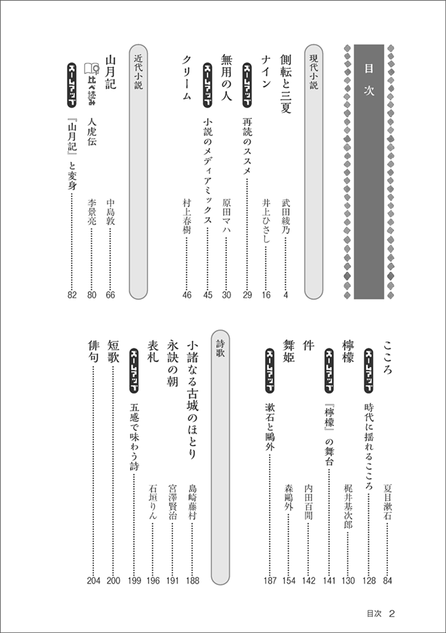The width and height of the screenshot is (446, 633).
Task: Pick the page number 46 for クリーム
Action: pos(187,294)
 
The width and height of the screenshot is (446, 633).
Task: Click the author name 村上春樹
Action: pos(187,216)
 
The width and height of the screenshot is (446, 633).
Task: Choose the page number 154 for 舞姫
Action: pos(289,580)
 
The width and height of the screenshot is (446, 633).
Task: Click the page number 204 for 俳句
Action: pos(93,580)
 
